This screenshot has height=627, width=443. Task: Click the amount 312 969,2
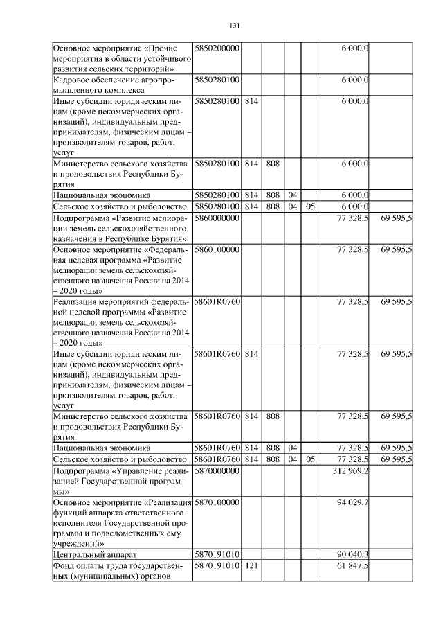tap(352, 471)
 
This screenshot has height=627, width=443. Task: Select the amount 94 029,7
tap(352, 502)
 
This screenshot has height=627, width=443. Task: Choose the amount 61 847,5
tap(352, 566)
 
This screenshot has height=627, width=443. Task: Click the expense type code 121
tap(251, 566)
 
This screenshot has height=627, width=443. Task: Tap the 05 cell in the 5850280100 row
tap(311, 206)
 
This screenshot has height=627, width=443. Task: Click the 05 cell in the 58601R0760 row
tap(311, 459)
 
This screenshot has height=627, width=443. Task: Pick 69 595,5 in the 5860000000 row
tap(396, 218)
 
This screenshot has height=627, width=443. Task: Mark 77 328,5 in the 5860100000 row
tap(352, 249)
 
